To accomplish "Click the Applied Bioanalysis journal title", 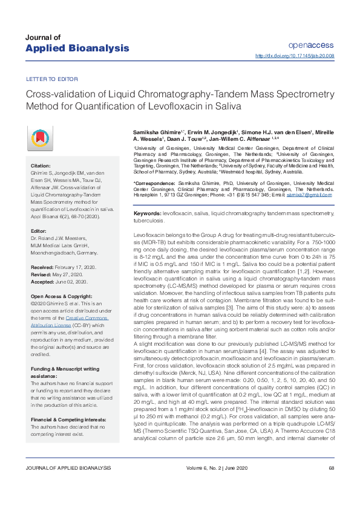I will (x=77, y=48).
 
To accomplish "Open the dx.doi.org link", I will (x=295, y=56).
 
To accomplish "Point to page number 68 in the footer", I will (x=331, y=485).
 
